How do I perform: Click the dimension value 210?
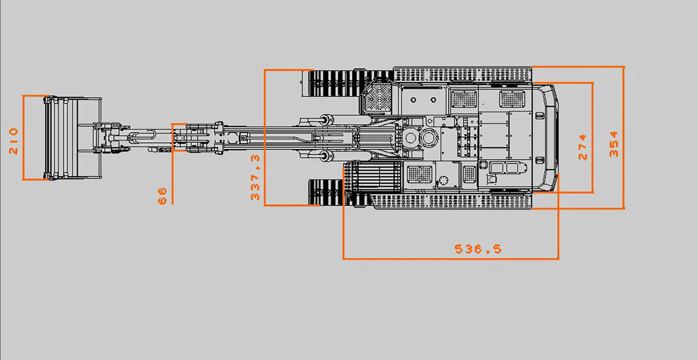pos(13,141)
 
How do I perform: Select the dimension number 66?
pos(162,196)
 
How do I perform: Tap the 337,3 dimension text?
pos(255,177)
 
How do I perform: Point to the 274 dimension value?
pos(583,147)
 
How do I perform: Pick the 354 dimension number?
pos(614,144)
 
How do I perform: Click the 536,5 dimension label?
pos(478,249)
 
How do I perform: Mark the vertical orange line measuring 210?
pos(23,137)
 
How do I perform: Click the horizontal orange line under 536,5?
pos(451,259)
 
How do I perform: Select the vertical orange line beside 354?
pos(624,137)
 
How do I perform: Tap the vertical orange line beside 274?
pos(592,137)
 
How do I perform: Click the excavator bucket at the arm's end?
pos(73,138)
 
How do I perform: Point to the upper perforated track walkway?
pos(463,75)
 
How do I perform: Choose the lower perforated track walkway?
pos(451,201)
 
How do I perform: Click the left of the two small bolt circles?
pos(413,100)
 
